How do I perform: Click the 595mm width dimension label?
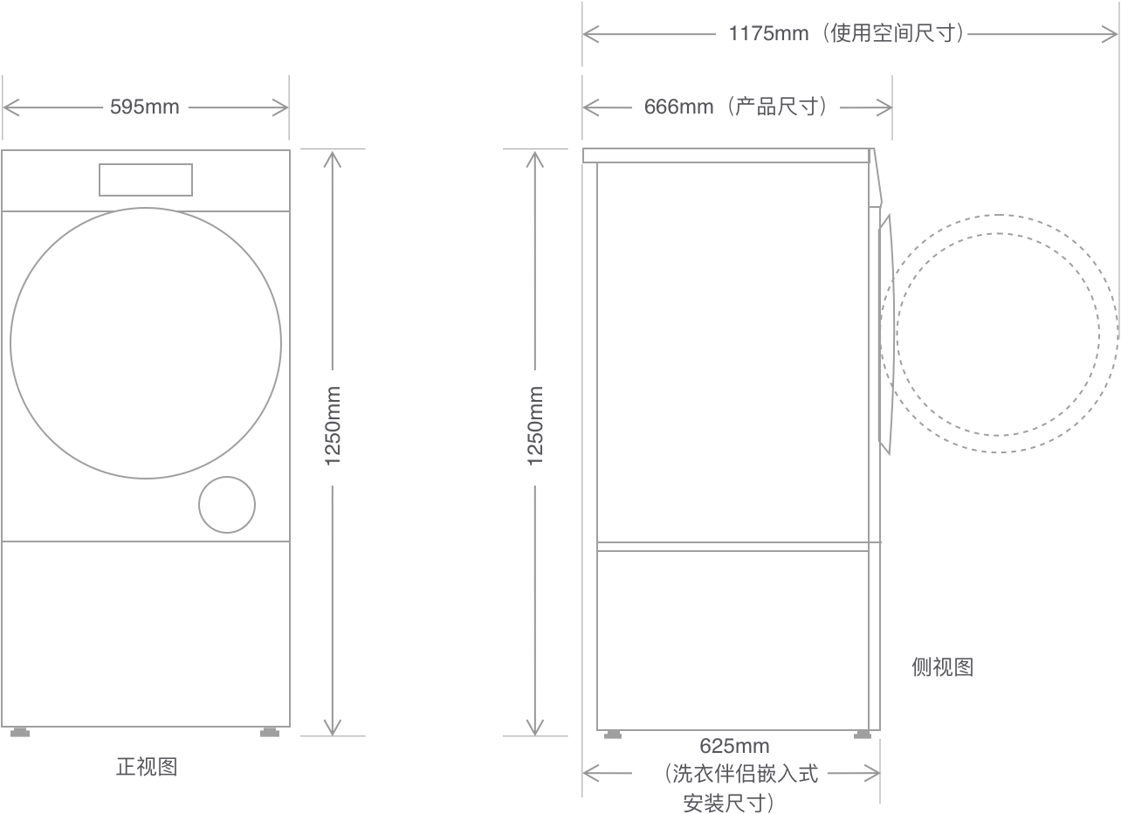pos(145,107)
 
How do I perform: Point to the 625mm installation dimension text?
pos(734,747)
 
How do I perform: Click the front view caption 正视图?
pos(147,767)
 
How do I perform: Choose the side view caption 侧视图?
pos(942,667)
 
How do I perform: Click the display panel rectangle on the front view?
pos(145,180)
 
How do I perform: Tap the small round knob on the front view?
pos(227,505)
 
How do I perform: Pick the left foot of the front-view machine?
pos(19,732)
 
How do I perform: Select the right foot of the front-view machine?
pos(272,732)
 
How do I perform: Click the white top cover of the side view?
pos(726,155)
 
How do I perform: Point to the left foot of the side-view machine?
pos(615,735)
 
